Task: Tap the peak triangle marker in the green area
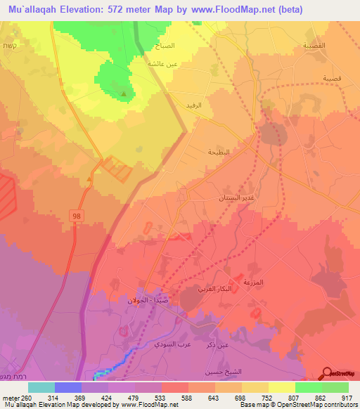tap(124, 93)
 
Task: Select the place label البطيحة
tap(219, 151)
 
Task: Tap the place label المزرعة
tap(252, 282)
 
